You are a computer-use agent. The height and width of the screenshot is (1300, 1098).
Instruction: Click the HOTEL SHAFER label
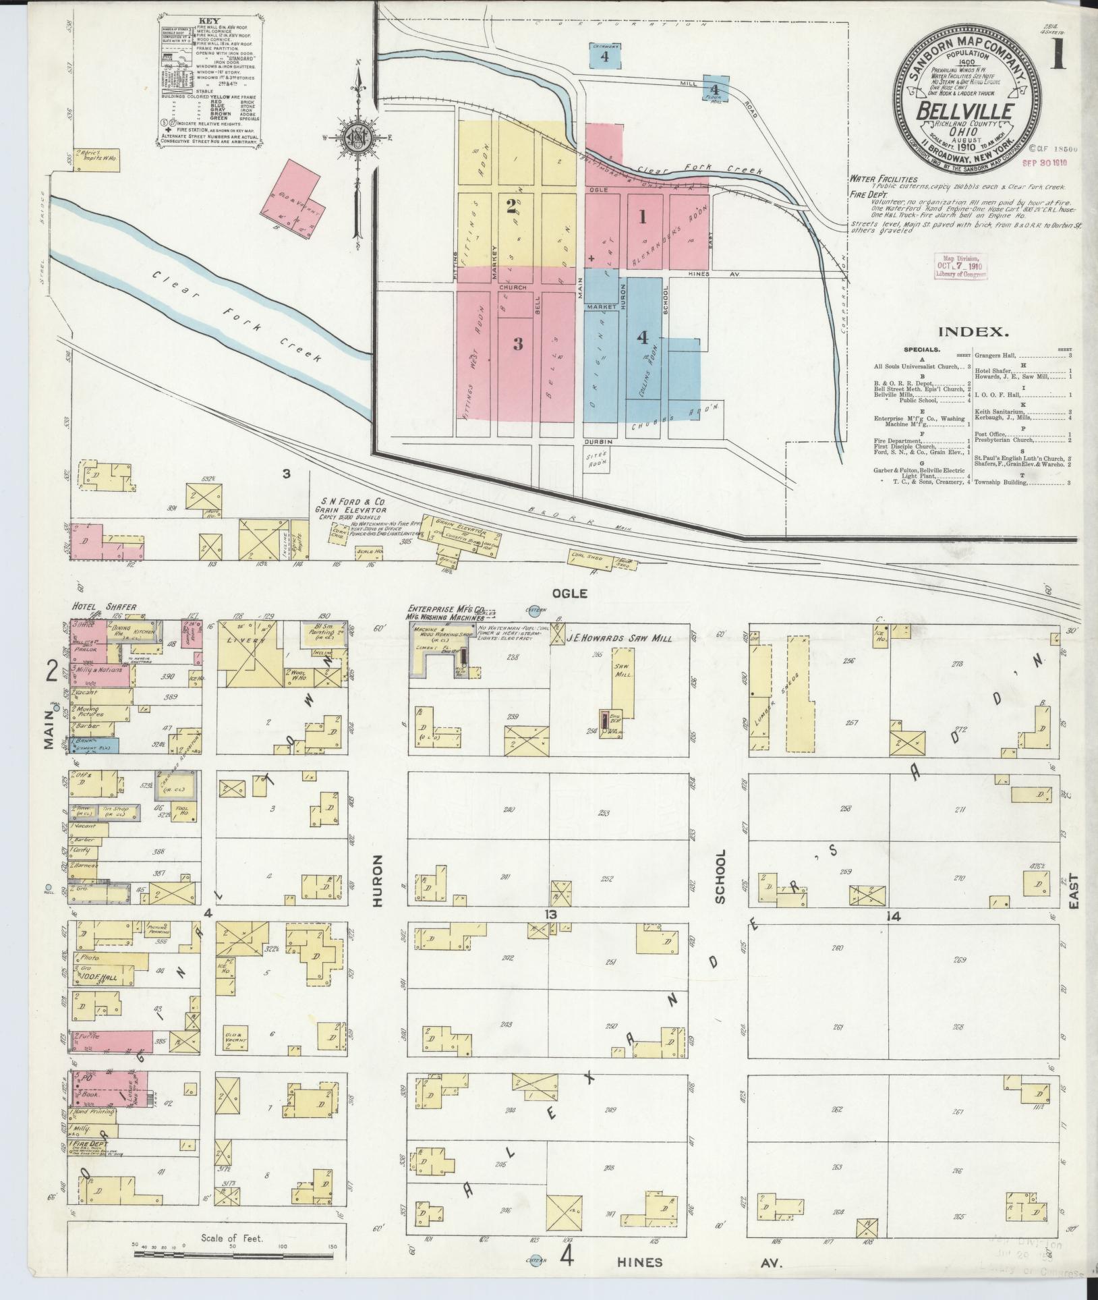pos(104,606)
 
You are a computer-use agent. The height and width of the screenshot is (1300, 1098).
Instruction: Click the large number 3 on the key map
pos(517,344)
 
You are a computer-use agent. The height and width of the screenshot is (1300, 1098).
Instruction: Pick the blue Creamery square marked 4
pos(604,56)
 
